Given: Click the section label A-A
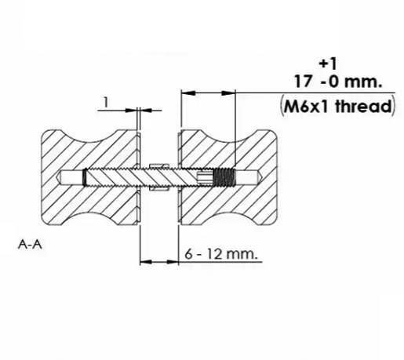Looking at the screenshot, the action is pos(30,245).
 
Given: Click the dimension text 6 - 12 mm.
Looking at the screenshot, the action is pos(220,254).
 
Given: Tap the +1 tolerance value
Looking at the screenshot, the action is pos(328,64).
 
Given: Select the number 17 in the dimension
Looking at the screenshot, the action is pos(303,82).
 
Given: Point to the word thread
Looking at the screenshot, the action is pos(364,107).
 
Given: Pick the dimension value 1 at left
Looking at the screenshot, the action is pos(106,102).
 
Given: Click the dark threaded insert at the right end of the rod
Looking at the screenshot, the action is pos(224,177).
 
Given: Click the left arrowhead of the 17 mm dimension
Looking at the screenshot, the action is pos(188,93).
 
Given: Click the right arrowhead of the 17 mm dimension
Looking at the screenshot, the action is pos(228,93).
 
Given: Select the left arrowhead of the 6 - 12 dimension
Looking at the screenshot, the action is pos(146,261).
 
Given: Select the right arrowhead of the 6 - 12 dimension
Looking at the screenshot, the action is pos(173,261).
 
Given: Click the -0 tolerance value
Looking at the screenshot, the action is pos(329,82).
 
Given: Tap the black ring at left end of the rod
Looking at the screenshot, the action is pos(85,178).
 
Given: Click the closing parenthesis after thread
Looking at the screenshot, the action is pos(393,107).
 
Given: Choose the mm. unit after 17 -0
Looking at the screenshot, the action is pos(363,82).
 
